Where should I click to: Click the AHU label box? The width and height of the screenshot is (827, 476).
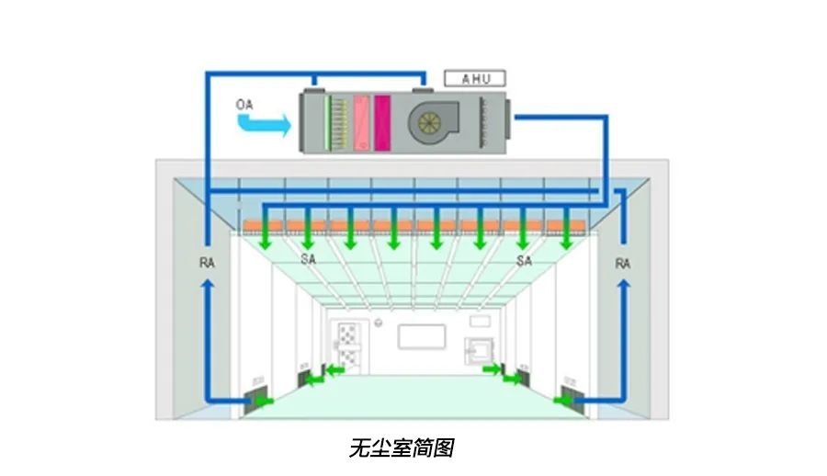pos(475,79)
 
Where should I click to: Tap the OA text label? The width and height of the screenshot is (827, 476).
pos(244,105)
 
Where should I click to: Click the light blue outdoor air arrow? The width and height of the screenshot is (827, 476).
pos(265,125)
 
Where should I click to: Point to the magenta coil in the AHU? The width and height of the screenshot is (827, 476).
pos(382,122)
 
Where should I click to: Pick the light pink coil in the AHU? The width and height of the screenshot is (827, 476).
pos(362,122)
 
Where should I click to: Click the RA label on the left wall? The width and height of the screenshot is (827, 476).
pos(208,262)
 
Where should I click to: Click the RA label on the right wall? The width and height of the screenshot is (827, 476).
pos(623,263)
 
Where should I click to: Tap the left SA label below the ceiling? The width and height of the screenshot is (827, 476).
pos(308,259)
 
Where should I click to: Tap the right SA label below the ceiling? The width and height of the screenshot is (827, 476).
pos(524,260)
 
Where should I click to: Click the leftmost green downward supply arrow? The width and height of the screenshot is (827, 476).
pos(266,228)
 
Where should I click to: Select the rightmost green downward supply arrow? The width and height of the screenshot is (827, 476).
pos(566,228)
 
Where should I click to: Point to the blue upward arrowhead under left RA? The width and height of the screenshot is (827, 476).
pos(208,285)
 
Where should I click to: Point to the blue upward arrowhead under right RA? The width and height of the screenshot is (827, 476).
pos(624,285)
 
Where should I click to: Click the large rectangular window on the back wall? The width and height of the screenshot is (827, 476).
pos(422,336)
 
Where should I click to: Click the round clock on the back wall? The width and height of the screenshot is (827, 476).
pos(379,323)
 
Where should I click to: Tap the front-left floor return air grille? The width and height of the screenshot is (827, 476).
pos(256,397)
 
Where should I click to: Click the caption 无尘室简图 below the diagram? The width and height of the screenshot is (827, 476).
pos(402,448)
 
